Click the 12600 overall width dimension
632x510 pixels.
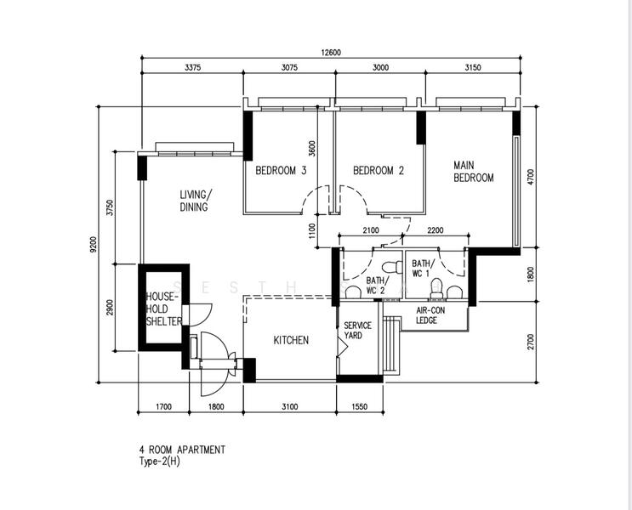point(331,53)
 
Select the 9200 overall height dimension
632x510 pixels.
point(94,244)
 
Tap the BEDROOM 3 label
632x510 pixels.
point(281,170)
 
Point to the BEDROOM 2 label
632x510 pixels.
point(379,170)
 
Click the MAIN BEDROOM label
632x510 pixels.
point(474,172)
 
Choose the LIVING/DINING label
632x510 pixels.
point(195,201)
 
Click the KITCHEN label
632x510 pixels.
point(291,340)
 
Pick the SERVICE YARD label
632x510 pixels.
point(357,331)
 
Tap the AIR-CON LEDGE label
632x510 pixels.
point(430,315)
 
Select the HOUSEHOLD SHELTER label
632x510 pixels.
point(163,309)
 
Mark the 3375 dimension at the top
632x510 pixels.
point(193,68)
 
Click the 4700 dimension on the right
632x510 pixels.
point(531,178)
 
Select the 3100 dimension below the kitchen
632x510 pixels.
point(289,407)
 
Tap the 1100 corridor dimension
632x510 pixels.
point(312,231)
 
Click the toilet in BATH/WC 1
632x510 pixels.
point(436,288)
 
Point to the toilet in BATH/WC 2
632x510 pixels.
point(392,267)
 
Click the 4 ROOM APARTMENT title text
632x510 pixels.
point(182,450)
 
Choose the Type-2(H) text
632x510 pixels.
point(160,462)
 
